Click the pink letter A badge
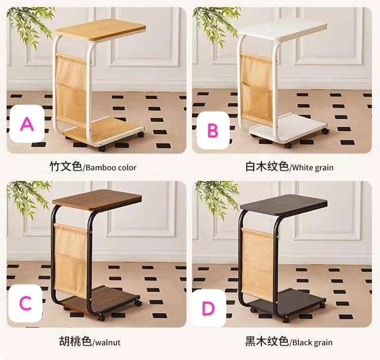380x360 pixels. pos(26,123)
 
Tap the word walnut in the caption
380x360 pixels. pos(107,342)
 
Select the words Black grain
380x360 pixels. pos(312,342)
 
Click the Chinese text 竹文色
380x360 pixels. pos(65,167)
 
